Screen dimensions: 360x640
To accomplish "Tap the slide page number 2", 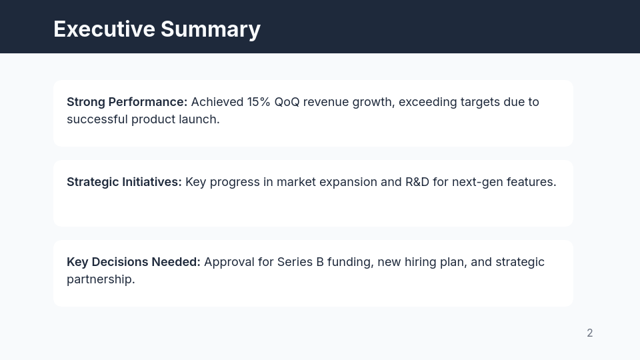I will pos(590,333).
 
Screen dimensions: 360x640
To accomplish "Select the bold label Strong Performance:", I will pos(127,102).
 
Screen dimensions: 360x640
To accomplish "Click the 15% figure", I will pos(259,102).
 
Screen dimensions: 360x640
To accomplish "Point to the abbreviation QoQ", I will pos(287,102).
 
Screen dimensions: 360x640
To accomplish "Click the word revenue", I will pos(326,102).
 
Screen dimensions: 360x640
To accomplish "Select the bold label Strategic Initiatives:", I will pos(124,182).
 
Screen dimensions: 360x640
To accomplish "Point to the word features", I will pos(531,182).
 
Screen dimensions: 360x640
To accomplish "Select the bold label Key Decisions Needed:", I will pos(133,262).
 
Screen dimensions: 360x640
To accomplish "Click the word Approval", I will pos(229,262).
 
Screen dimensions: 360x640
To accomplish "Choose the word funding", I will pos(350,262).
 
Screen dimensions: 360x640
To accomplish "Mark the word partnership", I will pos(100,279).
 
